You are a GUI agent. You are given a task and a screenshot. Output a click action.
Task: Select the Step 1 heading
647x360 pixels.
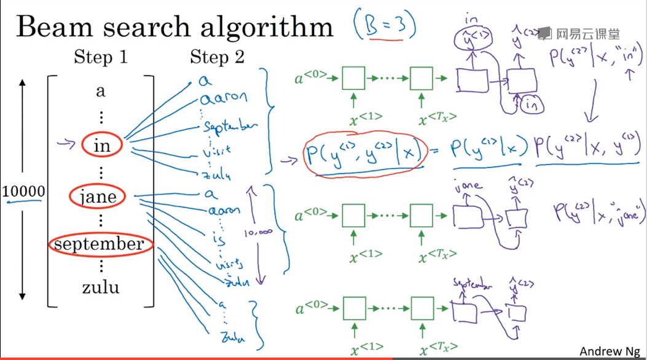click(x=100, y=58)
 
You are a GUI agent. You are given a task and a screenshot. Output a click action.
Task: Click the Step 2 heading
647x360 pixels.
click(x=217, y=58)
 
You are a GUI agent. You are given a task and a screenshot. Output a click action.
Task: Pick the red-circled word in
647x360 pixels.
click(x=101, y=146)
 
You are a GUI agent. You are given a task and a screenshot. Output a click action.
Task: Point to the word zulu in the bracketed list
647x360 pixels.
click(x=101, y=287)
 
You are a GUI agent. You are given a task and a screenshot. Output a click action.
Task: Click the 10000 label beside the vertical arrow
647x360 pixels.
click(x=23, y=192)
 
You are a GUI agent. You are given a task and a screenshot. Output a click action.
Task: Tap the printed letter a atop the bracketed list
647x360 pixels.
click(x=101, y=92)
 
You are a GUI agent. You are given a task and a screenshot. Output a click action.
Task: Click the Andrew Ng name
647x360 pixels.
click(x=610, y=351)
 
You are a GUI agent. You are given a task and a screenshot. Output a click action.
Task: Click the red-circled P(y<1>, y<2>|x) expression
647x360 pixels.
click(x=364, y=154)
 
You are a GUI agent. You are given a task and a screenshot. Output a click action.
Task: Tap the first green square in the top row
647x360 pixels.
click(x=353, y=79)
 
